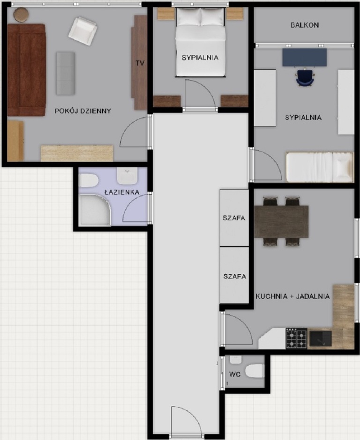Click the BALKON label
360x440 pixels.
(304, 25)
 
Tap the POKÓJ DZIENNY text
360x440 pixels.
(83, 111)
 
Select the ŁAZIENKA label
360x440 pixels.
(121, 192)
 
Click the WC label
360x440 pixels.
(235, 374)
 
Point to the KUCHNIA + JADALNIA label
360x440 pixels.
(292, 296)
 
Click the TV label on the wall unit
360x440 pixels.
(139, 63)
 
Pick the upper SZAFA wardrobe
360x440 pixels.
(234, 218)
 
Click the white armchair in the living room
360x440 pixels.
(82, 31)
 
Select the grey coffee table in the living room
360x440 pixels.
(65, 73)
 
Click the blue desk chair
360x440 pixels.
(305, 78)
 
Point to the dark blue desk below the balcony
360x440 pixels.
(304, 58)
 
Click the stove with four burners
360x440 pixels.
(296, 338)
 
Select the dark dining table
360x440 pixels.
(281, 221)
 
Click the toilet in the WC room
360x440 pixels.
(255, 372)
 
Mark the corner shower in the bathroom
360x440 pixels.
(94, 210)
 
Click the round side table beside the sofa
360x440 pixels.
(21, 15)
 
